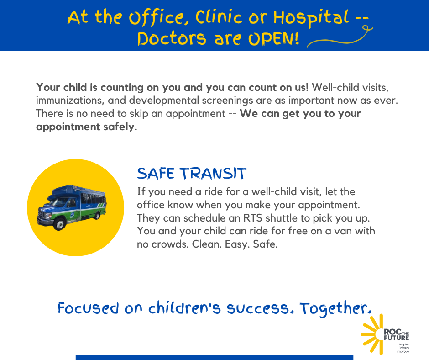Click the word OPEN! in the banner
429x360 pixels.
click(273, 39)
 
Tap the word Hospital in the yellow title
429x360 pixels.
click(311, 18)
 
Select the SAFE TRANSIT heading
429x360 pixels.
click(192, 174)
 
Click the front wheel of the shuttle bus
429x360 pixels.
click(59, 224)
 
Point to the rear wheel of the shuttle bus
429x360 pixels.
click(97, 216)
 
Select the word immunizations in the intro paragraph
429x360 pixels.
click(70, 101)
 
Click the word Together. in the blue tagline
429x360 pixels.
click(336, 308)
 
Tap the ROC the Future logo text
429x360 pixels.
click(397, 334)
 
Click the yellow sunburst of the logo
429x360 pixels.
click(371, 334)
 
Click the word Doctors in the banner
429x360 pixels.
click(172, 39)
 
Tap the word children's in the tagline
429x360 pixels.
click(184, 308)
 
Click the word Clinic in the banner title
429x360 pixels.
click(219, 17)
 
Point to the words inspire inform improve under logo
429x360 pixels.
click(403, 348)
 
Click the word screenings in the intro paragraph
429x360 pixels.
click(227, 101)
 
